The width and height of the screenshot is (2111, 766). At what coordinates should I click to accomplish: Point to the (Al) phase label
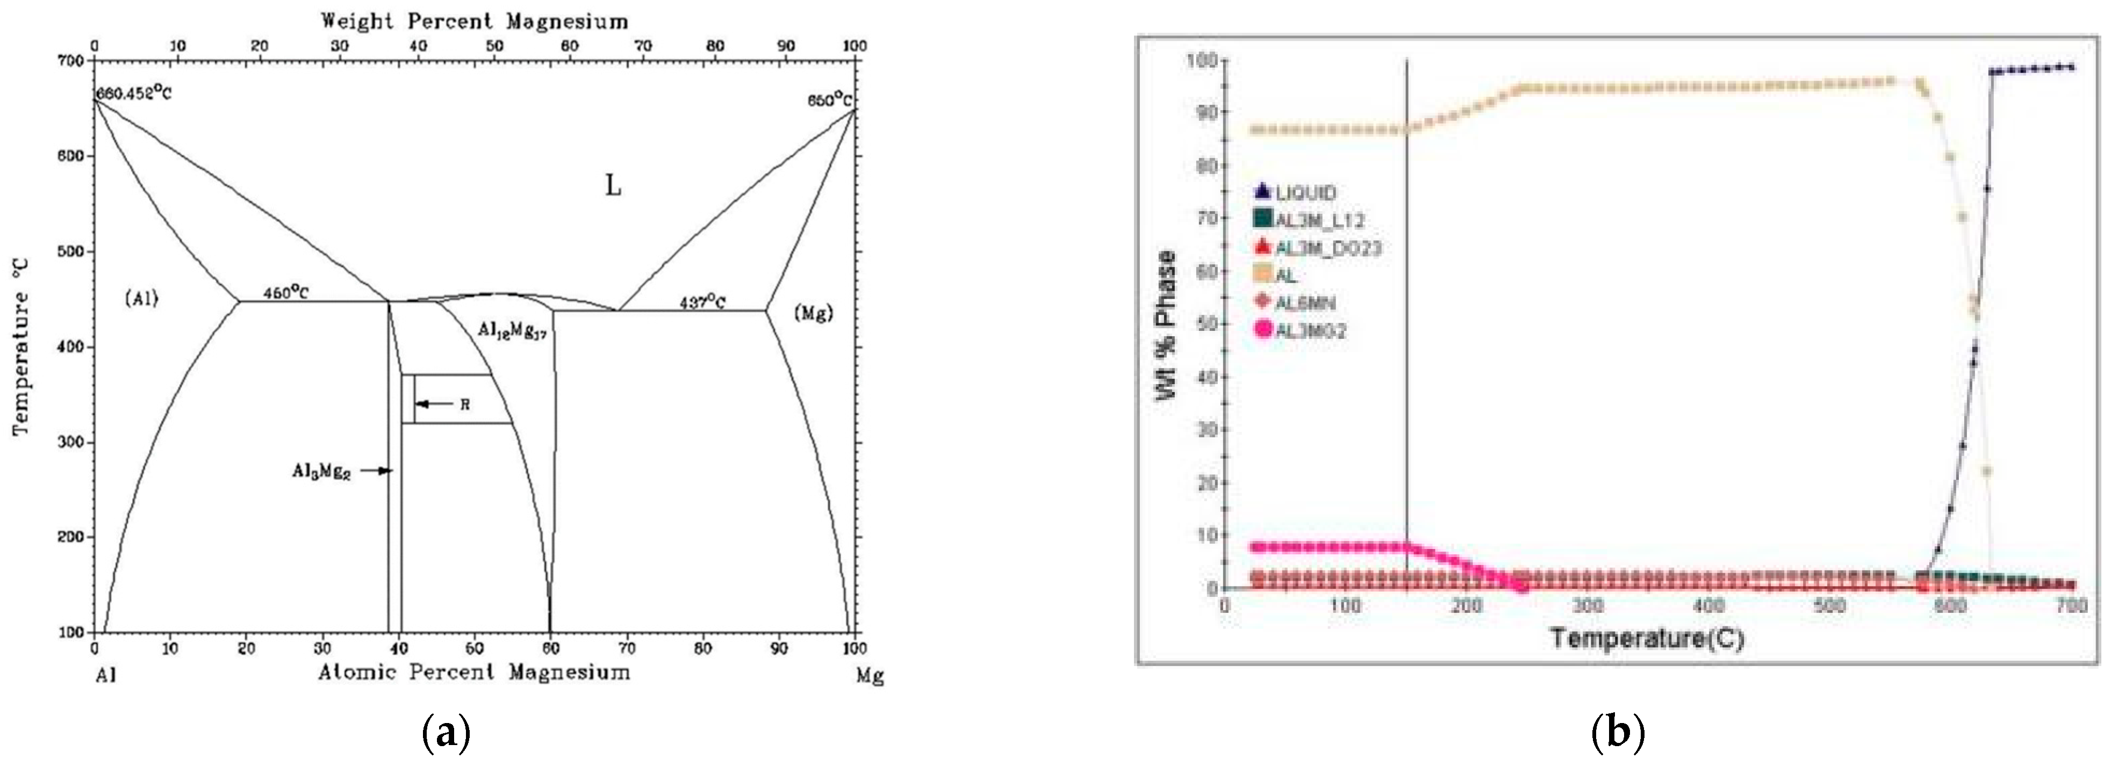[x=141, y=299]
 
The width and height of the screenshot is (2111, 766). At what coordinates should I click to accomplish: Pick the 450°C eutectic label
[x=286, y=292]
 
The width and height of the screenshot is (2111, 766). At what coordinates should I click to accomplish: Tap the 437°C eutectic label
[x=702, y=302]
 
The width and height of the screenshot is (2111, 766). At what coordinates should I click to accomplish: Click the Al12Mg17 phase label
[x=512, y=330]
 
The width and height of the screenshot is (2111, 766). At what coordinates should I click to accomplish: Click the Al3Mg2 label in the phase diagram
[x=321, y=471]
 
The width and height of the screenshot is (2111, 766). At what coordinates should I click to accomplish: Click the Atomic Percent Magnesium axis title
[x=475, y=673]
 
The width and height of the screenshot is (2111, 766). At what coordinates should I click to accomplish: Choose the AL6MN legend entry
[x=1305, y=303]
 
